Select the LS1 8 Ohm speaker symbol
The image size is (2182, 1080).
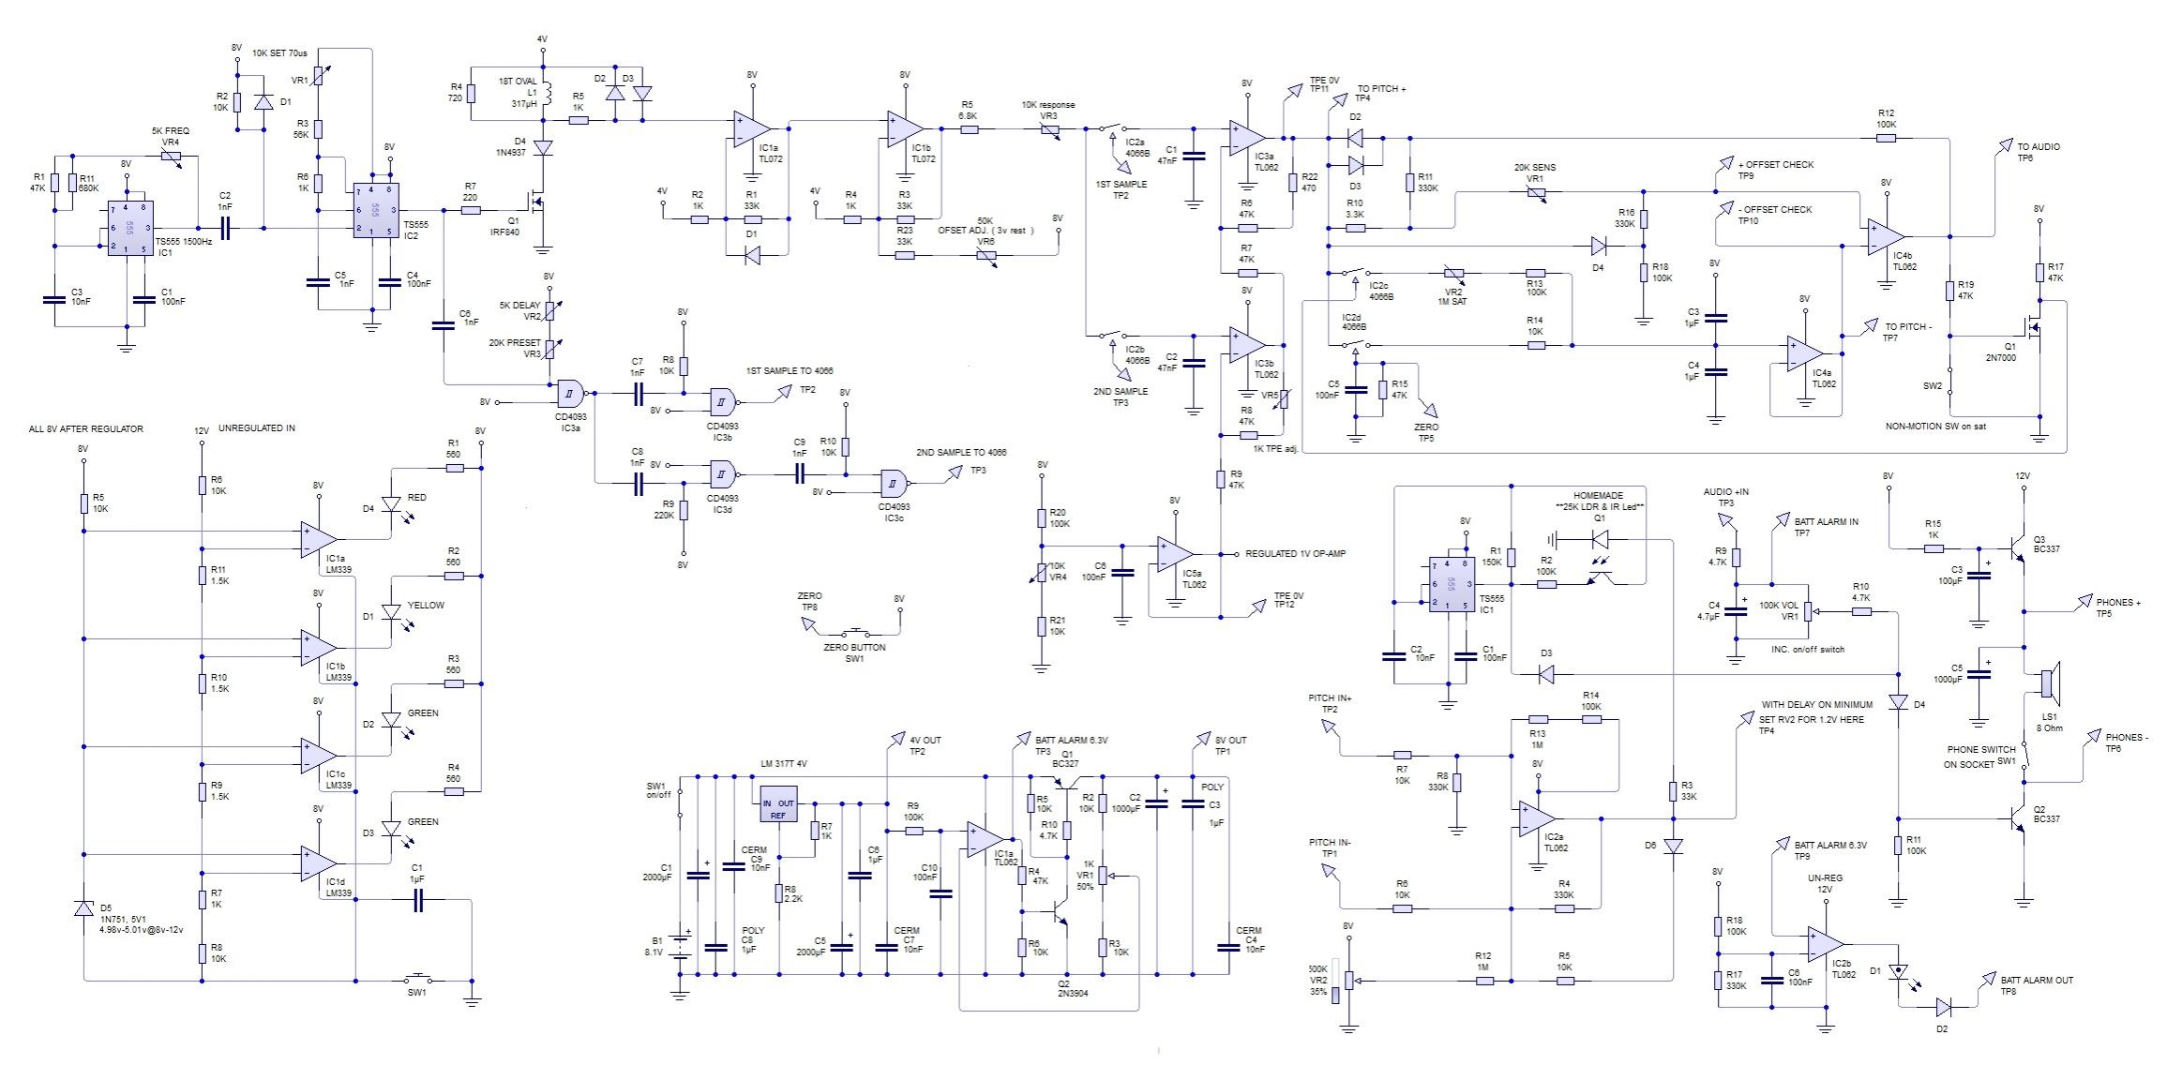click(2050, 682)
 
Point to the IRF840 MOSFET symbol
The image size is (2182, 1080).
click(536, 201)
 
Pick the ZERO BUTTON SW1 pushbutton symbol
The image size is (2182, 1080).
click(855, 630)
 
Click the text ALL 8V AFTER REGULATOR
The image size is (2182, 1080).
click(86, 428)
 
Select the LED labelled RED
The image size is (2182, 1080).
click(392, 505)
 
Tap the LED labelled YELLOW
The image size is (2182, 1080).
click(392, 613)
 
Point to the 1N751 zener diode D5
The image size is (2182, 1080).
click(83, 907)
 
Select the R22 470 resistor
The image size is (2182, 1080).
click(1292, 182)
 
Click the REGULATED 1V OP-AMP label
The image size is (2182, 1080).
click(1295, 554)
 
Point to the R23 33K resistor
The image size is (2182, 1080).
click(905, 254)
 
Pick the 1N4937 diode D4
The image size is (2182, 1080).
click(542, 147)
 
